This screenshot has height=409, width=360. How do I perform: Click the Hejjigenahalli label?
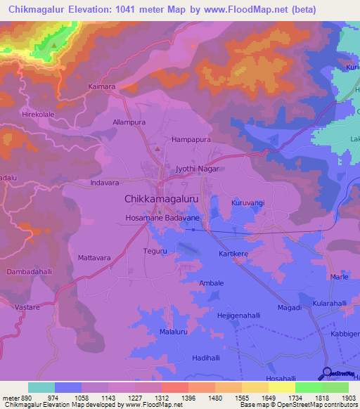click(243, 316)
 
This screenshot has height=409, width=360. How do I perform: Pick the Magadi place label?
click(290, 308)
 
